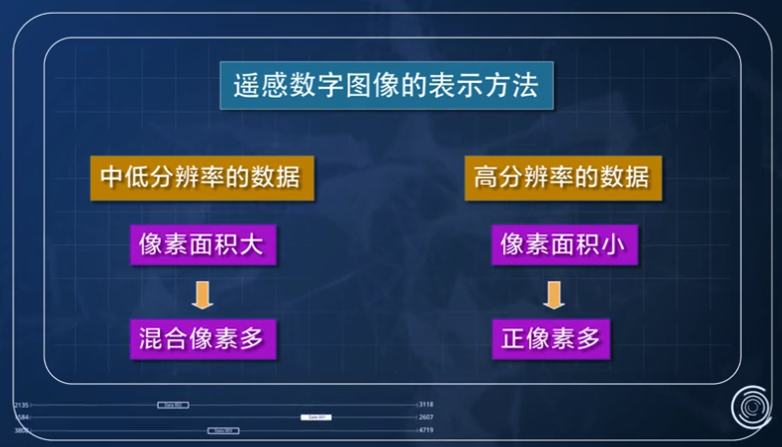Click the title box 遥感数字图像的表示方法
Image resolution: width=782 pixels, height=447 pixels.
pyautogui.click(x=387, y=85)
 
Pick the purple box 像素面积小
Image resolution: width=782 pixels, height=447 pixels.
pyautogui.click(x=564, y=244)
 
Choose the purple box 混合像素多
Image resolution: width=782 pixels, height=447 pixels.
pyautogui.click(x=203, y=339)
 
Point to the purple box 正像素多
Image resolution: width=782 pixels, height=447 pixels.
pyautogui.click(x=551, y=339)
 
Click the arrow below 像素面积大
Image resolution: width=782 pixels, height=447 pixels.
pyautogui.click(x=203, y=293)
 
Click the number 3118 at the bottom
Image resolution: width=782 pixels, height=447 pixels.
pyautogui.click(x=426, y=405)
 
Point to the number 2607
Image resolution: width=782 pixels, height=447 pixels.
pyautogui.click(x=426, y=417)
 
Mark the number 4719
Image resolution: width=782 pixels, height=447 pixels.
pyautogui.click(x=426, y=430)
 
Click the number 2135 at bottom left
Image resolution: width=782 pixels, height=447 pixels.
pyautogui.click(x=21, y=405)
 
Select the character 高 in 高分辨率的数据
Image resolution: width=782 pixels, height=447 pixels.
pyautogui.click(x=486, y=178)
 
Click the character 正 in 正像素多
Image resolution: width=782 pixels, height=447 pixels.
pyautogui.click(x=513, y=339)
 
